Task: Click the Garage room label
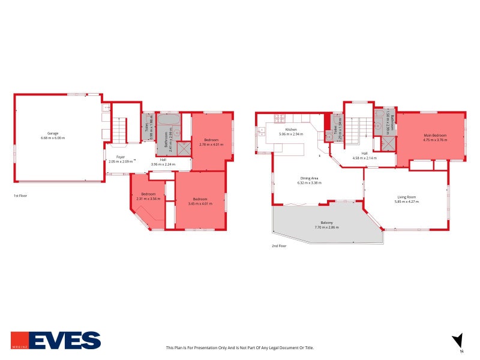click(x=53, y=133)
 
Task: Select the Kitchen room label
click(x=291, y=130)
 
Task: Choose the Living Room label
click(x=406, y=197)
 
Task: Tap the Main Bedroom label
click(x=435, y=136)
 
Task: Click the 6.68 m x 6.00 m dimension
click(x=53, y=138)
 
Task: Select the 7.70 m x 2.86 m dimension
click(x=327, y=228)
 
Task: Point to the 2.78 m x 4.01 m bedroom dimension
click(x=211, y=145)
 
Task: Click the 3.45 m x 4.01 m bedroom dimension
click(x=200, y=203)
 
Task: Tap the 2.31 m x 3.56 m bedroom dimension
click(x=149, y=199)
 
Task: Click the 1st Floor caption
click(x=20, y=196)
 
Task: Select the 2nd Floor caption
click(x=279, y=246)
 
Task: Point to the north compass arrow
click(x=458, y=339)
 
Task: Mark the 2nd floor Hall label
click(x=364, y=153)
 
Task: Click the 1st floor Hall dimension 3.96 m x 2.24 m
click(x=163, y=164)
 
